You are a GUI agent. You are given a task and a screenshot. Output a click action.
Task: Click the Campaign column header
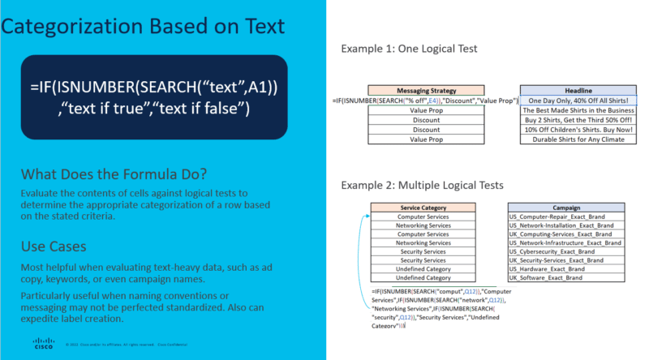click(565, 208)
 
